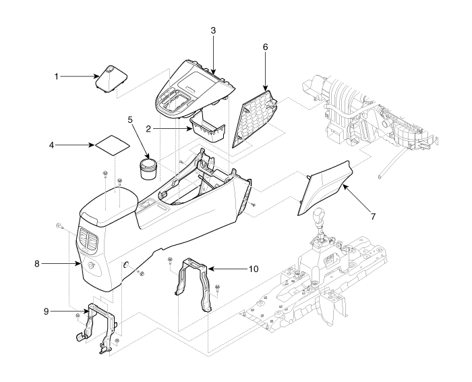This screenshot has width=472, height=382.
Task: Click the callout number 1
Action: click(57, 76)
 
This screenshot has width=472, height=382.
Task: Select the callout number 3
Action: click(212, 32)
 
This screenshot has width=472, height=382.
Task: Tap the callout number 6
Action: click(265, 48)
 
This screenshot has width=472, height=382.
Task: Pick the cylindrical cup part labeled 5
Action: click(148, 169)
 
